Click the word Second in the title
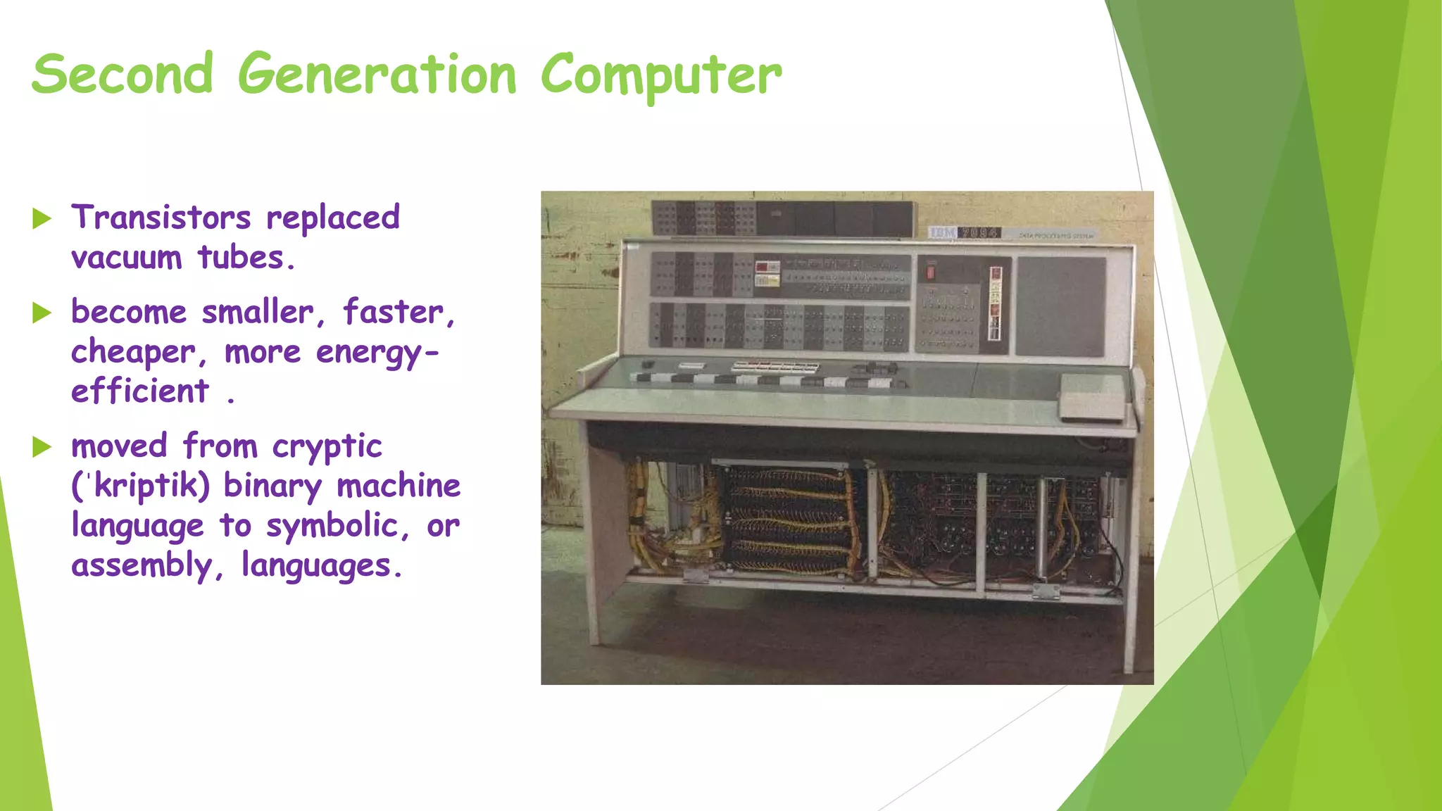(123, 75)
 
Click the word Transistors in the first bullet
(161, 218)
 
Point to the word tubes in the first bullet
(241, 258)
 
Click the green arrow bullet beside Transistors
(42, 219)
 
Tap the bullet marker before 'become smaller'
(42, 313)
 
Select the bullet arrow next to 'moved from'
(42, 447)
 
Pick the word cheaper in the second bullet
(133, 352)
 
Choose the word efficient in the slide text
(140, 391)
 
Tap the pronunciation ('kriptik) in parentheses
(141, 486)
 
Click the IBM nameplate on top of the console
(964, 233)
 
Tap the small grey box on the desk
(1092, 396)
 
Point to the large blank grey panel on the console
(1060, 306)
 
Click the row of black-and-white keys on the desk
(767, 381)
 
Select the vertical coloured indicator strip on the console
(995, 303)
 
